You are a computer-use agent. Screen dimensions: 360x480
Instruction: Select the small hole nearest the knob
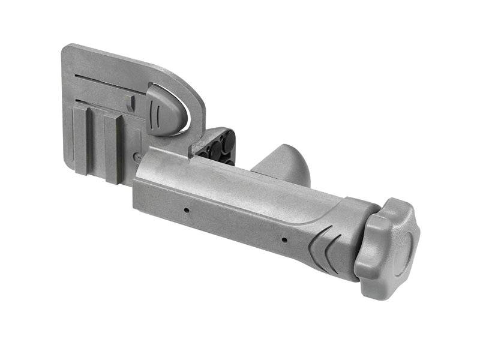pyautogui.click(x=284, y=239)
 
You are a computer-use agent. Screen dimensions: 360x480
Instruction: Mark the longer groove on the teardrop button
pyautogui.click(x=158, y=112)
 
